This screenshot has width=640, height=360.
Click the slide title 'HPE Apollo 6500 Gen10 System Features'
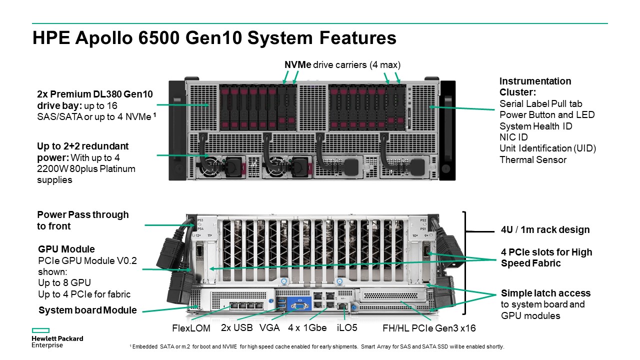click(x=214, y=38)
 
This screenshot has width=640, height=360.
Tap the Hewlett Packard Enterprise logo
click(x=57, y=338)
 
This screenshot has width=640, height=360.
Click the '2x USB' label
click(x=237, y=328)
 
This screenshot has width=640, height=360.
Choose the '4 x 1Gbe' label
click(x=307, y=328)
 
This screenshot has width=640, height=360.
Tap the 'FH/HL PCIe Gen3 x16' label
click(x=428, y=328)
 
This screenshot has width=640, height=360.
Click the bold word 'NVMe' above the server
click(x=298, y=65)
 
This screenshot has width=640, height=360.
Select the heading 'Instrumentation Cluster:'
click(x=535, y=87)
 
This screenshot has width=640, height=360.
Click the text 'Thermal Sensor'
click(x=533, y=160)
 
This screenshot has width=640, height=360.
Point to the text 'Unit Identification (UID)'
click(x=548, y=148)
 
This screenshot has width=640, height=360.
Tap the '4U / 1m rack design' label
click(x=545, y=230)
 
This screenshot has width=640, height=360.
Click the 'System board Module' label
click(x=87, y=310)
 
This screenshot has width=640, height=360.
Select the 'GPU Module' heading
click(x=66, y=249)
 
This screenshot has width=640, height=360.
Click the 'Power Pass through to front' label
click(x=82, y=220)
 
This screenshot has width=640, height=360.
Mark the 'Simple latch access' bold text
click(x=545, y=293)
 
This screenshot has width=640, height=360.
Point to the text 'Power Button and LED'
click(x=547, y=115)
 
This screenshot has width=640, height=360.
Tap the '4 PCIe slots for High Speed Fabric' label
click(x=546, y=257)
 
